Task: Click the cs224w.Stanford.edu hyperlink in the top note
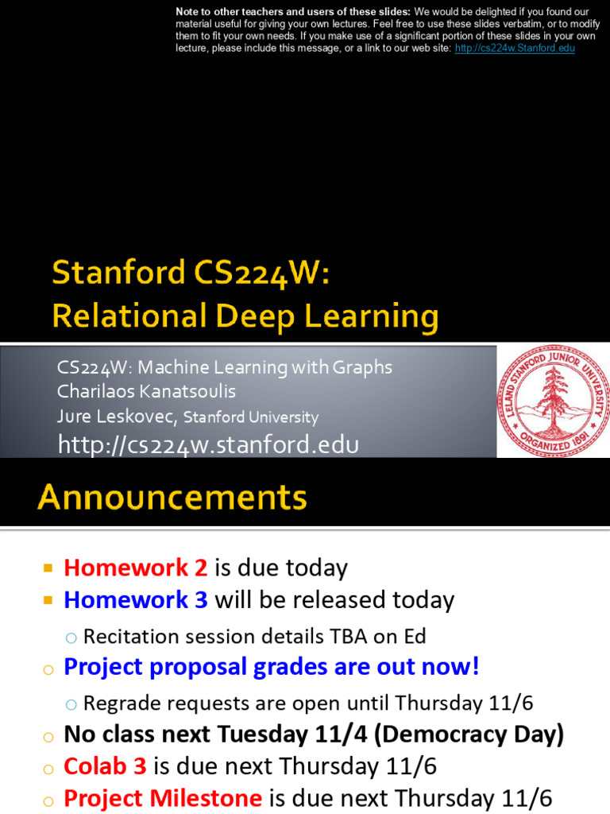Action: pos(515,48)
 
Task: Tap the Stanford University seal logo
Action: pos(553,401)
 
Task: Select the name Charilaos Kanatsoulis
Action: pos(146,391)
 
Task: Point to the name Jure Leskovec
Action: pos(118,416)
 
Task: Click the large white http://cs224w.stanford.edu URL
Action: pos(208,445)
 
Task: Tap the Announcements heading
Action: pos(172,497)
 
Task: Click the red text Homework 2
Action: pos(135,568)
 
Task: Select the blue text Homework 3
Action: pos(135,599)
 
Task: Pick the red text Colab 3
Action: pos(105,766)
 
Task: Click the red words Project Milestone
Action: pos(163,798)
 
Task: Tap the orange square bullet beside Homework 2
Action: pos(48,568)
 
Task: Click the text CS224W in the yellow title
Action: pos(257,273)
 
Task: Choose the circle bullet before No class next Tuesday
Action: pos(48,737)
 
